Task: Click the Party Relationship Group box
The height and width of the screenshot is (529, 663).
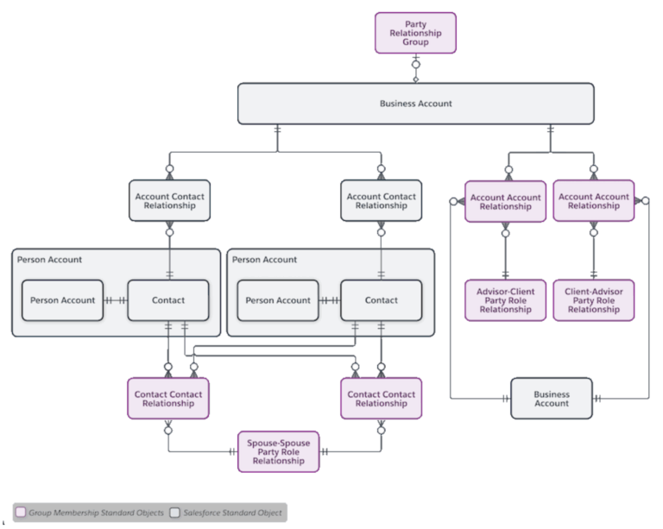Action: pyautogui.click(x=415, y=33)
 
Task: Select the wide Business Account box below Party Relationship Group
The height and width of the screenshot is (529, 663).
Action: pyautogui.click(x=415, y=104)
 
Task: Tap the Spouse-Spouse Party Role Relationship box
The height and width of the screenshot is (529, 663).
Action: pyautogui.click(x=278, y=451)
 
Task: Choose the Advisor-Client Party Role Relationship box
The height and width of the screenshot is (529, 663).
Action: pyautogui.click(x=505, y=300)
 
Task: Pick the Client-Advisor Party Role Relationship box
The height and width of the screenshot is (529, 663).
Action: pyautogui.click(x=593, y=300)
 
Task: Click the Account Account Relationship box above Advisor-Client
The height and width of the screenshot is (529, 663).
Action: pyautogui.click(x=505, y=201)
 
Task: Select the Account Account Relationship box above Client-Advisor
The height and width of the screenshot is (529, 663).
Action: pyautogui.click(x=593, y=201)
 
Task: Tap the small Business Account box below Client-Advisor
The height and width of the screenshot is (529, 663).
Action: pyautogui.click(x=551, y=399)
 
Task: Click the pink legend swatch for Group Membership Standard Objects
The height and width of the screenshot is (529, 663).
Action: pyautogui.click(x=22, y=513)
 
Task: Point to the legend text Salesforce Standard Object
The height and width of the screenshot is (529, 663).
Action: pyautogui.click(x=231, y=513)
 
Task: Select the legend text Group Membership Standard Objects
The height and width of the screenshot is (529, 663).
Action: pyautogui.click(x=96, y=513)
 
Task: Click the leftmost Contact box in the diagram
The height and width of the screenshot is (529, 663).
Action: pyautogui.click(x=168, y=300)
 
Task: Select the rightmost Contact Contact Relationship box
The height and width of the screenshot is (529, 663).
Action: pyautogui.click(x=381, y=399)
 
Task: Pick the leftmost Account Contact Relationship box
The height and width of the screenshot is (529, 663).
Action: pyautogui.click(x=169, y=201)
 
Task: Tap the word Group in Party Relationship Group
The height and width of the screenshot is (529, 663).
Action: pyautogui.click(x=415, y=42)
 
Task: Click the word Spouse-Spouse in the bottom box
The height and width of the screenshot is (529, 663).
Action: pyautogui.click(x=278, y=443)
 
